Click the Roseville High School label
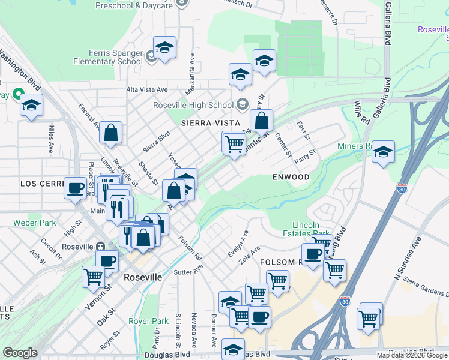point(192,104)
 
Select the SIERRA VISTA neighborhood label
point(206,122)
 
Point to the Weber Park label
point(35,223)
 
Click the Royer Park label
point(147,321)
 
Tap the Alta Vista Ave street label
point(147,89)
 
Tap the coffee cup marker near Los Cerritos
point(76,188)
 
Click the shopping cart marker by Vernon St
point(94,277)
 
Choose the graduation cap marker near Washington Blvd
point(31,106)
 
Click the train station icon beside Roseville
point(101,247)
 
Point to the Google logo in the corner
point(20,353)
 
